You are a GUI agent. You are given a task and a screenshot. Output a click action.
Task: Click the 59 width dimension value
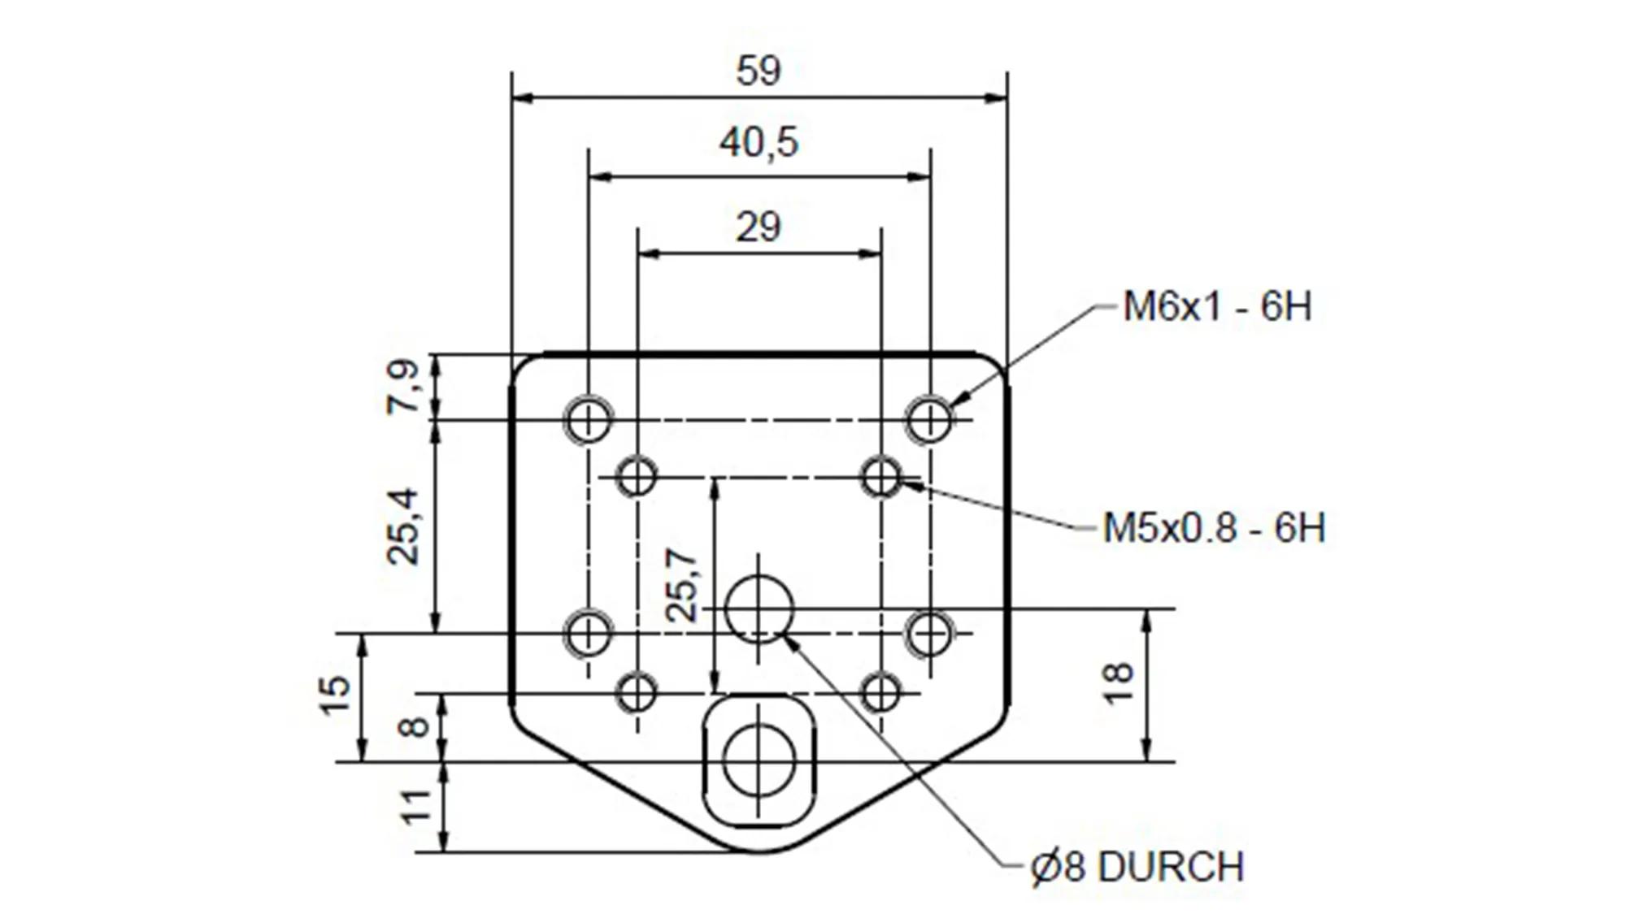click(758, 71)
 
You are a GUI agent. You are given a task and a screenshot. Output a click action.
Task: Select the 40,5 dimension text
click(759, 143)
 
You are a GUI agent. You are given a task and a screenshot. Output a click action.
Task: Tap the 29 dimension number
click(758, 227)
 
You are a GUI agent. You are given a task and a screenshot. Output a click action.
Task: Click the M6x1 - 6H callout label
click(1217, 307)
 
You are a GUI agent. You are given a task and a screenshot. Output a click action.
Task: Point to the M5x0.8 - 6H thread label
click(1214, 528)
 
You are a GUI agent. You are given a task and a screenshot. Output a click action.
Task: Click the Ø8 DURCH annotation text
click(1137, 867)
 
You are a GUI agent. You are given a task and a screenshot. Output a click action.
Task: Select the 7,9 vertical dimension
click(404, 387)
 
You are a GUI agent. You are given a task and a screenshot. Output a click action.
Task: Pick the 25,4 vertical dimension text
click(404, 526)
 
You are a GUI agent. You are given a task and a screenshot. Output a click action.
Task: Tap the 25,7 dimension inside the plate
click(681, 585)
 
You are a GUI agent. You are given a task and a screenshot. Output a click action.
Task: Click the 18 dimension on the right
click(1120, 683)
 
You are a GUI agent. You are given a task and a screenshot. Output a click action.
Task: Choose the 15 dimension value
click(335, 695)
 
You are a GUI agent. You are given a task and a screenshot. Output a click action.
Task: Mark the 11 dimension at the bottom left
click(417, 807)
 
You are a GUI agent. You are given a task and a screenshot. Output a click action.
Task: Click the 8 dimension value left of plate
click(415, 726)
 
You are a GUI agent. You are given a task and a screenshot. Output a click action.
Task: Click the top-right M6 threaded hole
click(929, 420)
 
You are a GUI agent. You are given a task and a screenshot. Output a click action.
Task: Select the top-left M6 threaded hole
click(587, 420)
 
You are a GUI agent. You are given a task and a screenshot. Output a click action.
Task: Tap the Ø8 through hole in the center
click(759, 609)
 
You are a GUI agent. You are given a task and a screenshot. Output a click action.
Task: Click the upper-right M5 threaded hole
click(881, 477)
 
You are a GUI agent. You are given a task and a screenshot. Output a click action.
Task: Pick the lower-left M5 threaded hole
click(637, 693)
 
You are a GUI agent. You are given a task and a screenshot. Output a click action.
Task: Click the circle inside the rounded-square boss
click(759, 761)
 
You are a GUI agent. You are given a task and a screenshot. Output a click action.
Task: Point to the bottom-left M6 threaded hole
click(587, 634)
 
